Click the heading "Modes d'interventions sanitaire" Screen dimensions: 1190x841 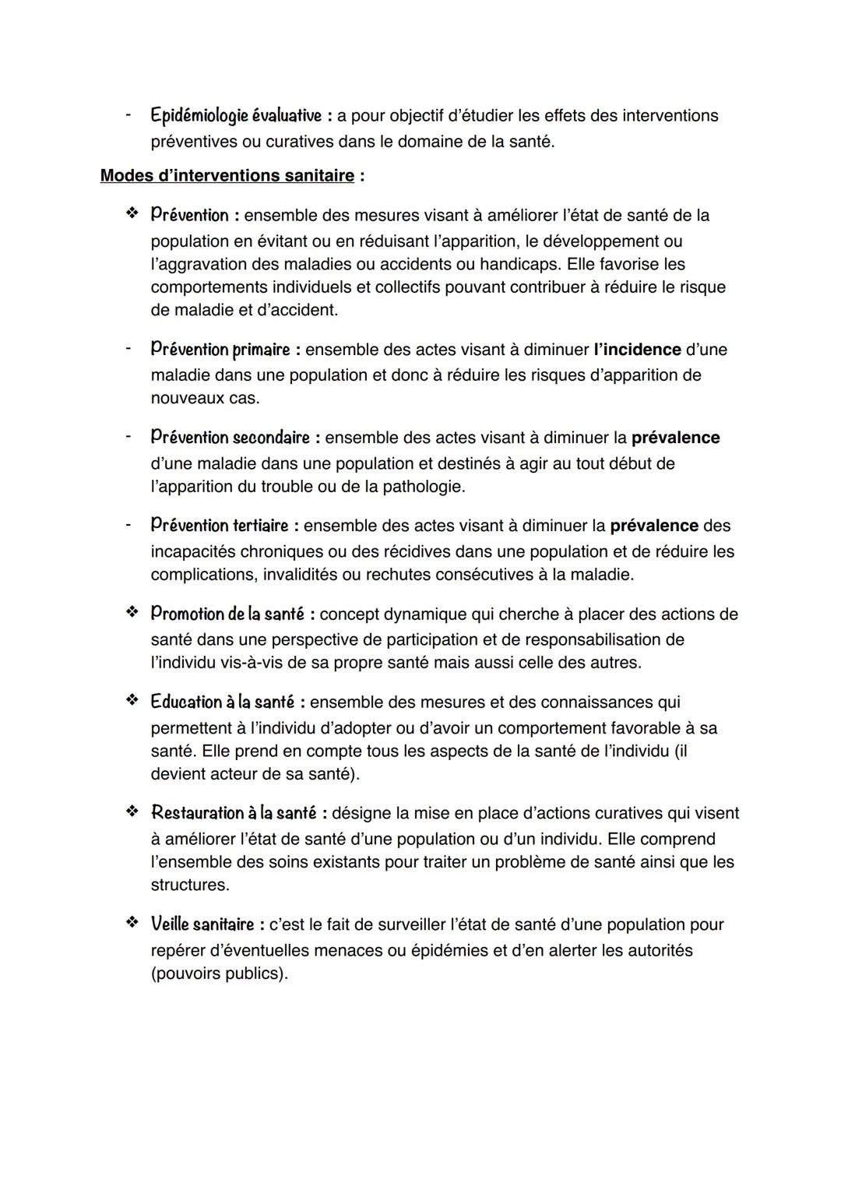(x=227, y=176)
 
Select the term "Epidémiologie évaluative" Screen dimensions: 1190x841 (x=235, y=116)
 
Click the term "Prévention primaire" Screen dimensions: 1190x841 (x=220, y=350)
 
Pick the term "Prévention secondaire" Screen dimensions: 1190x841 (x=230, y=438)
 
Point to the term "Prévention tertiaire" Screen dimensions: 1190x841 (x=219, y=526)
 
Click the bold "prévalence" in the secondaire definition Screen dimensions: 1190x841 (x=675, y=438)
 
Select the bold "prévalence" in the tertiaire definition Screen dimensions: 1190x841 (x=654, y=526)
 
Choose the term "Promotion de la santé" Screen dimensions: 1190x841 (x=227, y=614)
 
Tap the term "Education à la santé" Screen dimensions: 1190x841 (x=222, y=702)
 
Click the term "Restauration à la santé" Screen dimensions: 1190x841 (x=233, y=813)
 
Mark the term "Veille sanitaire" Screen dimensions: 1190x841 (x=202, y=924)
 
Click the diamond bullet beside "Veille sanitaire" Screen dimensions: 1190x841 (x=132, y=924)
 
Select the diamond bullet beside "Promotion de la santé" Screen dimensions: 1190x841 (x=132, y=613)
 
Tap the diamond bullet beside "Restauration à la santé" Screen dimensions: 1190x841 (x=132, y=812)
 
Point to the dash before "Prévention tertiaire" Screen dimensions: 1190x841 (x=127, y=525)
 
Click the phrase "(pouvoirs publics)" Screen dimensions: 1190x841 (x=219, y=973)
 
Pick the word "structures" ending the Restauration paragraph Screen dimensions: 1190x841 (x=188, y=885)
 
